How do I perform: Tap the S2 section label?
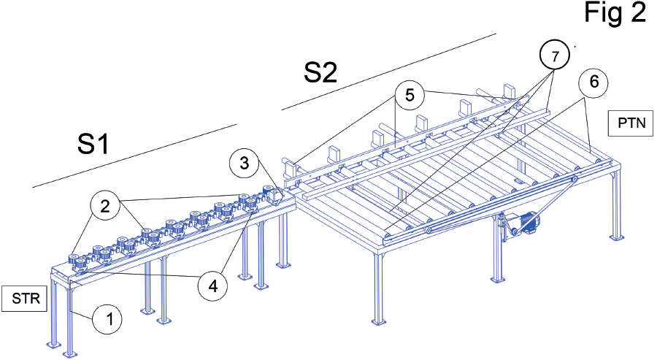click(x=321, y=72)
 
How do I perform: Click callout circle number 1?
click(x=108, y=318)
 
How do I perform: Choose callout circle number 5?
click(x=410, y=96)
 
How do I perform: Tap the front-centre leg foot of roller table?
click(x=377, y=321)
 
